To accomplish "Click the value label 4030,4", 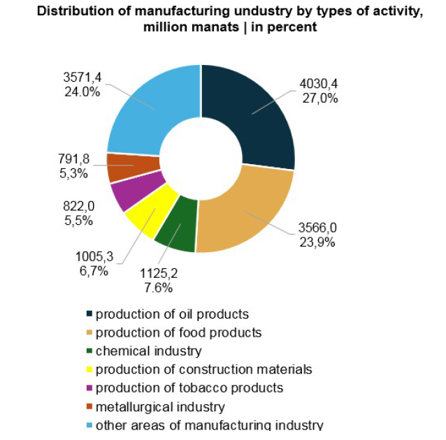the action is pos(319,84).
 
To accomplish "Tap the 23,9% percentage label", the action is pos(317,242).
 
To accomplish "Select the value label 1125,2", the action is pos(159,274).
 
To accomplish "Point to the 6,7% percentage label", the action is pos(94,271).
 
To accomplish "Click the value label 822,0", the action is pos(78,206).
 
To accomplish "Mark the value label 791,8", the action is pos(74,159).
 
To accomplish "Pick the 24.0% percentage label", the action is pos(82,91).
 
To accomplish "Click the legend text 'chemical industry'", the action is pos(149,351).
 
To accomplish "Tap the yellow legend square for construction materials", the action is pos(89,369).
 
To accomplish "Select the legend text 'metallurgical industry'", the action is pos(160,406).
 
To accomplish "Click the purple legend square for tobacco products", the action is pos(89,388).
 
